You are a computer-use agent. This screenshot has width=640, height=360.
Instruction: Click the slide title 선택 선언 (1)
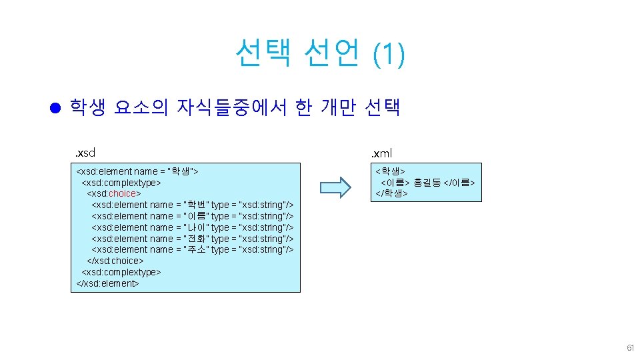pos(319,53)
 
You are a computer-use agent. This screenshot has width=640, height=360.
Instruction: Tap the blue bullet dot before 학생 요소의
pos(56,108)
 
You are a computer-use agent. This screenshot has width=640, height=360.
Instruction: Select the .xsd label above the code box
pos(85,154)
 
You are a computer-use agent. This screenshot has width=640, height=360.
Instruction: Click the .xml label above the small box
pos(382,154)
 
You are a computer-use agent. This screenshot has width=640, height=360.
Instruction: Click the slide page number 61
pos(630,349)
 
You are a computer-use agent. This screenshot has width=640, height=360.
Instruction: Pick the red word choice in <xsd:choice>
pos(121,193)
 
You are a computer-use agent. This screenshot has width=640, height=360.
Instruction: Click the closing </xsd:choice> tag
pos(115,261)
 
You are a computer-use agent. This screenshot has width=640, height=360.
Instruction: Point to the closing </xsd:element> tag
pos(108,283)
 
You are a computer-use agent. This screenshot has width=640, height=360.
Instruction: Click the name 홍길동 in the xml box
pos(427,182)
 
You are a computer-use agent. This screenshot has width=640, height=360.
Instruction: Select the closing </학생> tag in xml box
pos(391,193)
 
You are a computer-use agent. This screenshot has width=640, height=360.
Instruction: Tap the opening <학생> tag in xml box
pos(389,171)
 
